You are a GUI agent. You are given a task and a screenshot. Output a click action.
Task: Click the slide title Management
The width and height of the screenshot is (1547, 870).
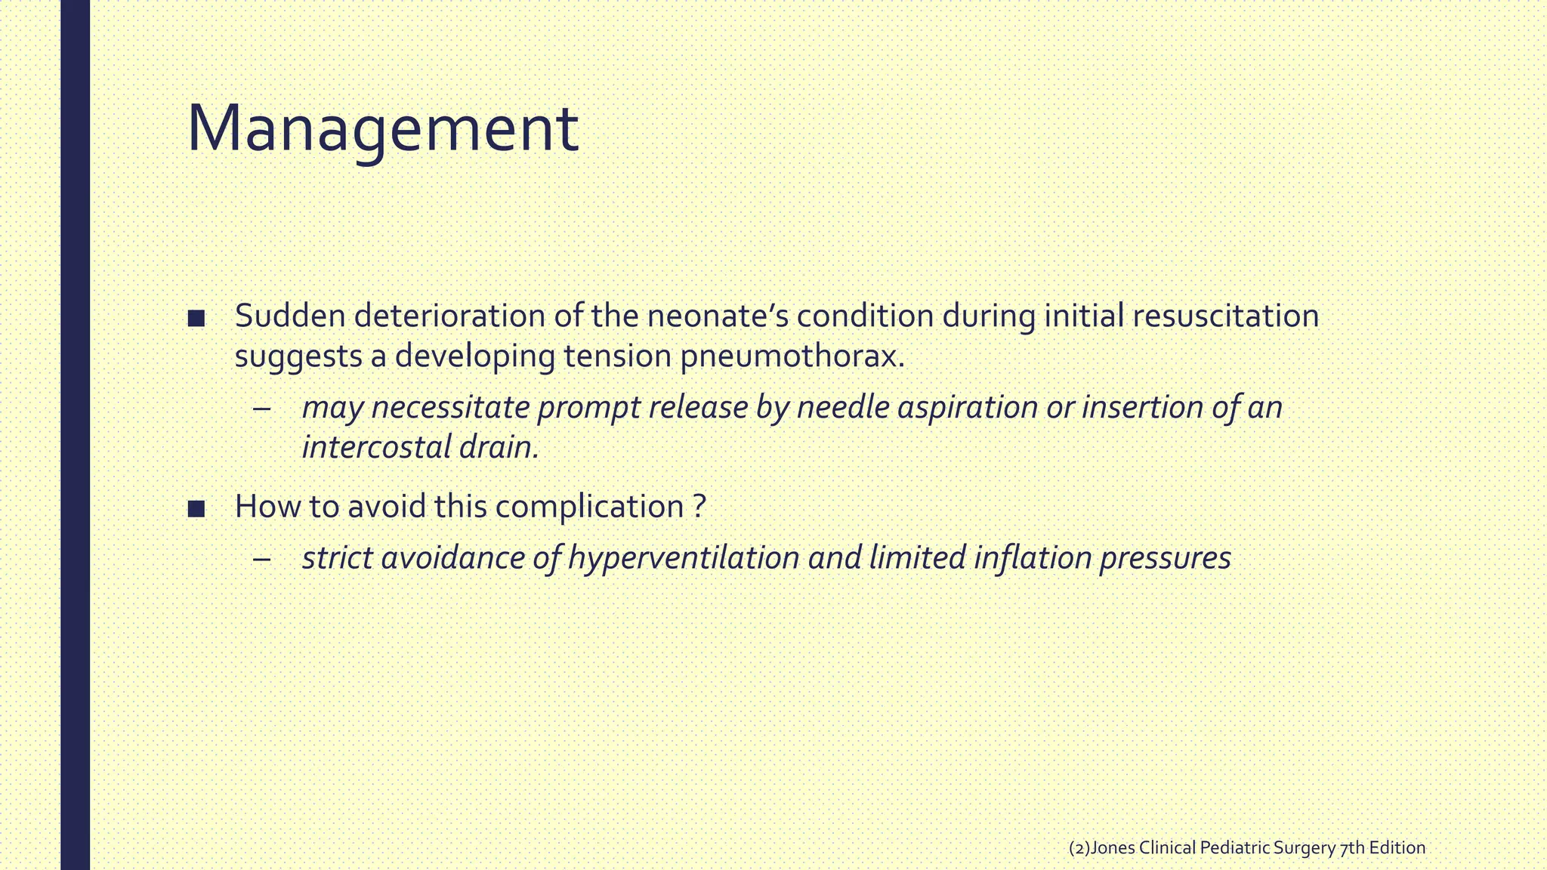tap(382, 130)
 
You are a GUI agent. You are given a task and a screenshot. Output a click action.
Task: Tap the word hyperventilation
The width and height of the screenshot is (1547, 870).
tap(684, 559)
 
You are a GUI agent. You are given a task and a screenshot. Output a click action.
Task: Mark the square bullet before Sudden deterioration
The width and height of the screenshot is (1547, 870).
tap(196, 318)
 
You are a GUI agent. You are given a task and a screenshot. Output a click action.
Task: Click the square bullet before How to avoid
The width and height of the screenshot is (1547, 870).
tap(196, 508)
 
